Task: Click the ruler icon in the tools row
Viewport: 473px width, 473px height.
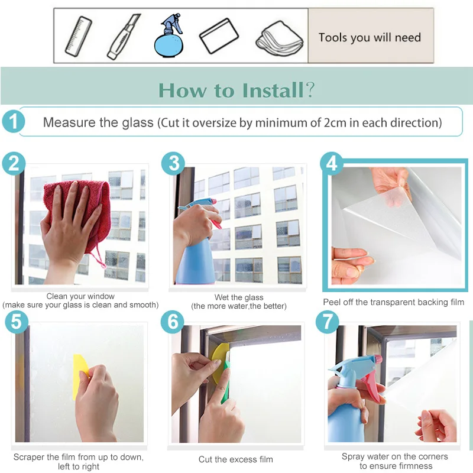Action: click(79, 37)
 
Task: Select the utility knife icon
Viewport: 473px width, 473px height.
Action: click(124, 36)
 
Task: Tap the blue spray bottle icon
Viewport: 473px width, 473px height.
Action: click(169, 35)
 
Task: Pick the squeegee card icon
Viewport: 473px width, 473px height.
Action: click(219, 36)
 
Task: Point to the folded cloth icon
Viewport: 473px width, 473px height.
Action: click(279, 38)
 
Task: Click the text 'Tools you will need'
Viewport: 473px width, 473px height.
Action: click(370, 37)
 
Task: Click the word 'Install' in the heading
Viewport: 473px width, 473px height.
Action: click(273, 90)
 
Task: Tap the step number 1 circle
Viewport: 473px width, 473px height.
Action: click(13, 122)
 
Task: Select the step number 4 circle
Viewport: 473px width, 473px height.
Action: click(332, 164)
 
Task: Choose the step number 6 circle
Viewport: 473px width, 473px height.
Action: click(172, 322)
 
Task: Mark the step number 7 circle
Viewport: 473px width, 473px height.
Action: click(328, 322)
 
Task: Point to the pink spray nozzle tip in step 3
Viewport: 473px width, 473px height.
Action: click(213, 201)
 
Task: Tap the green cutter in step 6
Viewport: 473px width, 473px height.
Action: click(226, 377)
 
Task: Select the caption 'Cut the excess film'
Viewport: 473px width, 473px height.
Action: click(235, 459)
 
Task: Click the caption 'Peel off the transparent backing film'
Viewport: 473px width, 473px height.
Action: click(393, 302)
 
